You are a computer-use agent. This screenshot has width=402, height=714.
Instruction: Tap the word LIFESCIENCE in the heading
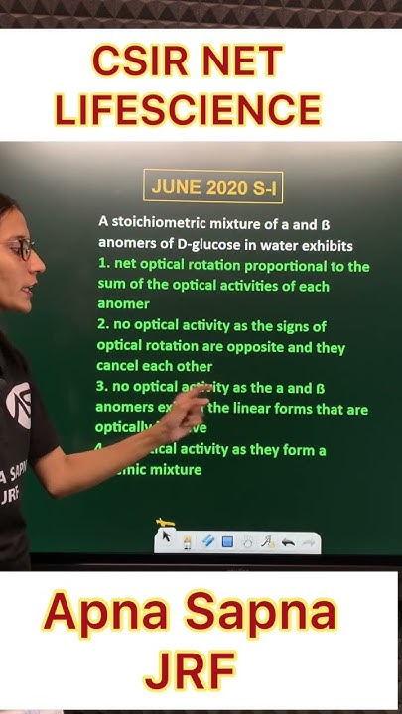pyautogui.click(x=188, y=109)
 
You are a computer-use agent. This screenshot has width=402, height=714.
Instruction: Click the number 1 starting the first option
pyautogui.click(x=101, y=266)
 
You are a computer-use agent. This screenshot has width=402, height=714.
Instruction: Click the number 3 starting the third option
pyautogui.click(x=101, y=387)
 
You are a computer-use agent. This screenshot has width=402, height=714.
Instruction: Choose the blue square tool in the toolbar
pyautogui.click(x=226, y=542)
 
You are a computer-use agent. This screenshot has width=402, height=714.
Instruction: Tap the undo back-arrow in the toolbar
pyautogui.click(x=287, y=542)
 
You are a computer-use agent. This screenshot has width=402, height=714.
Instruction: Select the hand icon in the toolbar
pyautogui.click(x=247, y=542)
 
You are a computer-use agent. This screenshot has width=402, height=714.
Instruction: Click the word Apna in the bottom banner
pyautogui.click(x=109, y=616)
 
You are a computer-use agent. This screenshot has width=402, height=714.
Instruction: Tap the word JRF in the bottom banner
pyautogui.click(x=190, y=670)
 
